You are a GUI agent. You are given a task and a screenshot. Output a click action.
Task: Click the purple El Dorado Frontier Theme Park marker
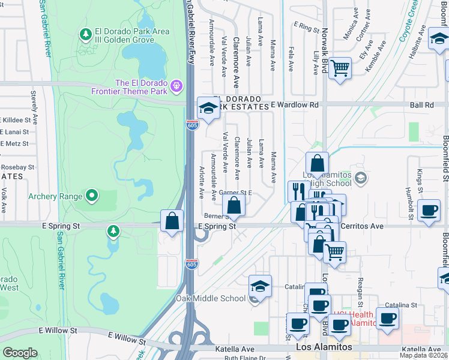coord(176,86)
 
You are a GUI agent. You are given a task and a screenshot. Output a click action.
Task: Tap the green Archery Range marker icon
coord(92,195)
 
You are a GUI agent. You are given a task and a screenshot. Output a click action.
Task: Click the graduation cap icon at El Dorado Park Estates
coord(208,108)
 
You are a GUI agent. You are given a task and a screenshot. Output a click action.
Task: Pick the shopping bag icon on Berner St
coord(234,206)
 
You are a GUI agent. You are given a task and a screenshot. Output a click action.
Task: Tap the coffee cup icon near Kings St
coord(429,211)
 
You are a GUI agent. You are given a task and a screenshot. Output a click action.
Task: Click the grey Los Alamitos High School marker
coord(360,178)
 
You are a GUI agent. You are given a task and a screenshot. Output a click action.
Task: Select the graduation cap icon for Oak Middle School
coord(260,286)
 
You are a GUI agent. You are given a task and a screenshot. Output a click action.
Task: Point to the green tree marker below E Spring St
coord(113,231)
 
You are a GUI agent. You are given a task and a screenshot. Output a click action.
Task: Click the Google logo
coord(20,353)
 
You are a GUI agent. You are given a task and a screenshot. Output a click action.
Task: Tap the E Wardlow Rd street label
coord(294,105)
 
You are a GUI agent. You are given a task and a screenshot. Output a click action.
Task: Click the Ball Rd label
coord(422,105)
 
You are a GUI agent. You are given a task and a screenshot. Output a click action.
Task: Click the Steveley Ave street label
coord(33,107)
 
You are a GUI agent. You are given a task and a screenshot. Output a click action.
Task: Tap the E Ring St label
coord(306,27)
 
